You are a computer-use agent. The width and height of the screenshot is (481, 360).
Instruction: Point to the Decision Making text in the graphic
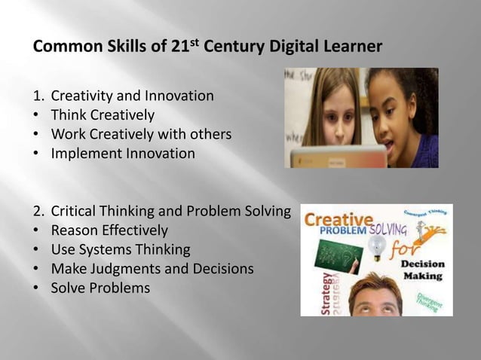(x=422, y=270)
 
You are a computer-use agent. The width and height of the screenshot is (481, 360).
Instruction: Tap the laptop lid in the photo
(x=324, y=157)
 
